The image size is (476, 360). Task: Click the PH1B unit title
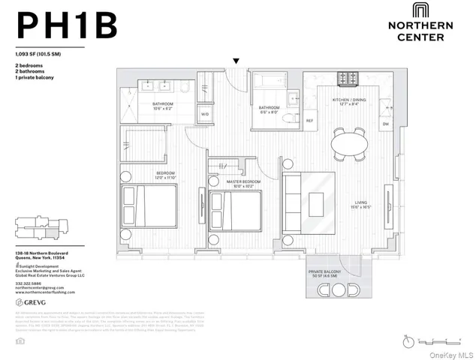point(67,25)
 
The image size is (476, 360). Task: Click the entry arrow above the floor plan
point(236,61)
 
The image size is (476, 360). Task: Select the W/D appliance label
point(204,115)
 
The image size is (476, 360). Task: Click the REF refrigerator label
point(309,120)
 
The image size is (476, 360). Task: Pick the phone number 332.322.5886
point(29,283)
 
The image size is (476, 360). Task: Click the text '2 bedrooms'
point(29,67)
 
